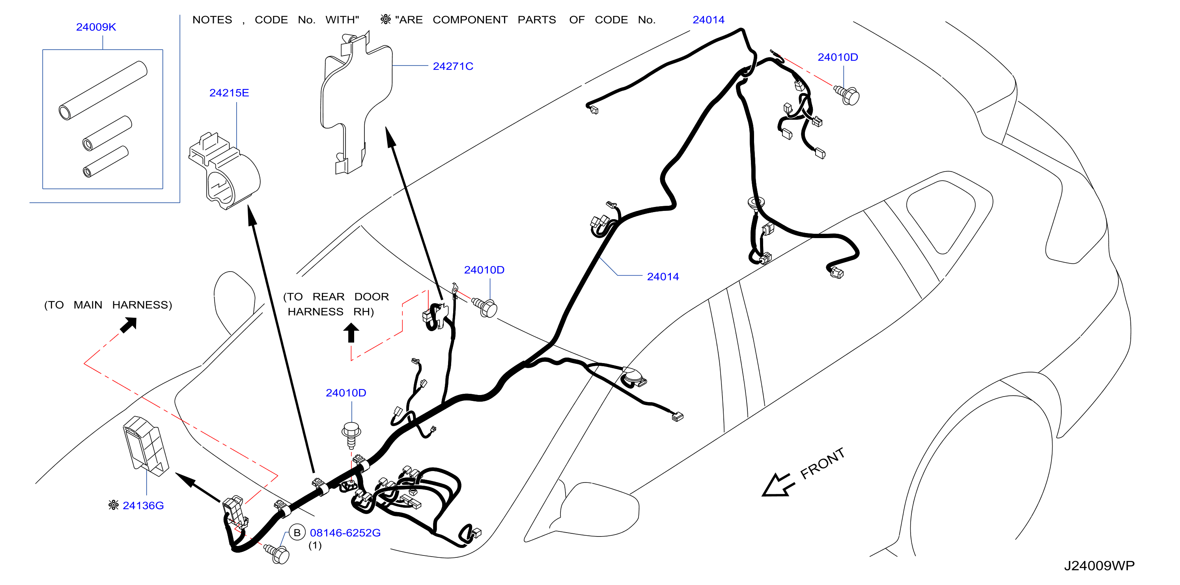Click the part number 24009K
[x=96, y=27]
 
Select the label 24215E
[x=229, y=93]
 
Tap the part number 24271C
[x=453, y=66]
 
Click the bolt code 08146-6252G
[x=345, y=533]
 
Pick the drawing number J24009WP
[x=1099, y=566]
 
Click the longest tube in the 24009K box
[x=103, y=90]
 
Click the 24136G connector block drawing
[x=145, y=446]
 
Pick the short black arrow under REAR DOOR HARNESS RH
[x=351, y=333]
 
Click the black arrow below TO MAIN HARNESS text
[x=128, y=325]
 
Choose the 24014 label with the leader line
[x=663, y=276]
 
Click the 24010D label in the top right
[x=837, y=57]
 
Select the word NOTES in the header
[x=212, y=20]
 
